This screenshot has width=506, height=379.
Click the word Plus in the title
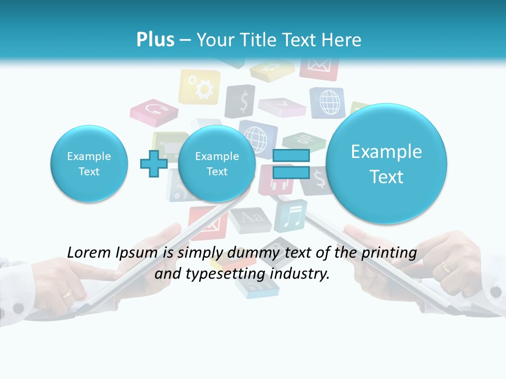pyautogui.click(x=155, y=40)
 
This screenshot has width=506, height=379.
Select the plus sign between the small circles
pyautogui.click(x=153, y=164)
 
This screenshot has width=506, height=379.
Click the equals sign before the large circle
pyautogui.click(x=291, y=164)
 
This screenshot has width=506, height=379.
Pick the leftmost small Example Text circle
pyautogui.click(x=89, y=164)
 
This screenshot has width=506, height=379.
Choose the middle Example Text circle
pyautogui.click(x=217, y=164)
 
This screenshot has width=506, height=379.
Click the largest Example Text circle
pyautogui.click(x=386, y=164)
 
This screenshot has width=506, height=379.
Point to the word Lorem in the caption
pyautogui.click(x=89, y=253)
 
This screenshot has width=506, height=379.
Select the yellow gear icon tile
pyautogui.click(x=200, y=87)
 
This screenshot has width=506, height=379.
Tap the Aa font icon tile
pyautogui.click(x=244, y=217)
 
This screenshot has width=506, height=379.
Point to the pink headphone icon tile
pyautogui.click(x=154, y=111)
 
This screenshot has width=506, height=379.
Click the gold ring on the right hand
pyautogui.click(x=446, y=266)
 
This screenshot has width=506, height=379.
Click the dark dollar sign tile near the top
pyautogui.click(x=241, y=101)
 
